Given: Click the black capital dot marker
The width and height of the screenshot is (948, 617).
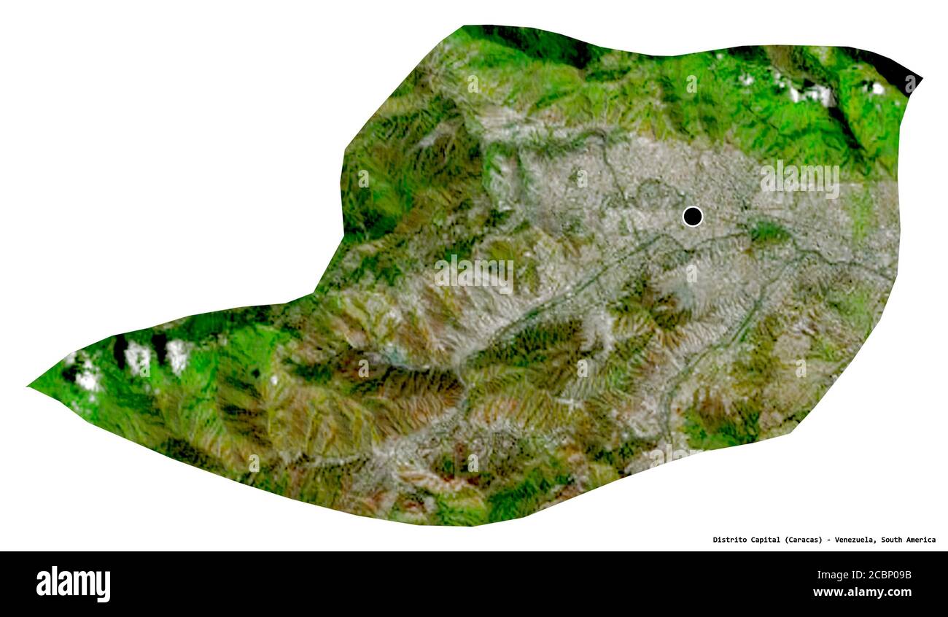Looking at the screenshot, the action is click(692, 217).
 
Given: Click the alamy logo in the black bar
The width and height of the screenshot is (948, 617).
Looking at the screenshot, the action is click(73, 584).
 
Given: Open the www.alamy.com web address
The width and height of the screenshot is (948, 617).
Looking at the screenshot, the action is click(862, 592).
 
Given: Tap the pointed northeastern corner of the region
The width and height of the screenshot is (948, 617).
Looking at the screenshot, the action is click(920, 77).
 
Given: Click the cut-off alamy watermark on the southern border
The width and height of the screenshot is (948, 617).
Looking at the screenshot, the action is click(664, 457).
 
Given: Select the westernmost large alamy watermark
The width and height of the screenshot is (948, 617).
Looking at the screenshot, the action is click(474, 273).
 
